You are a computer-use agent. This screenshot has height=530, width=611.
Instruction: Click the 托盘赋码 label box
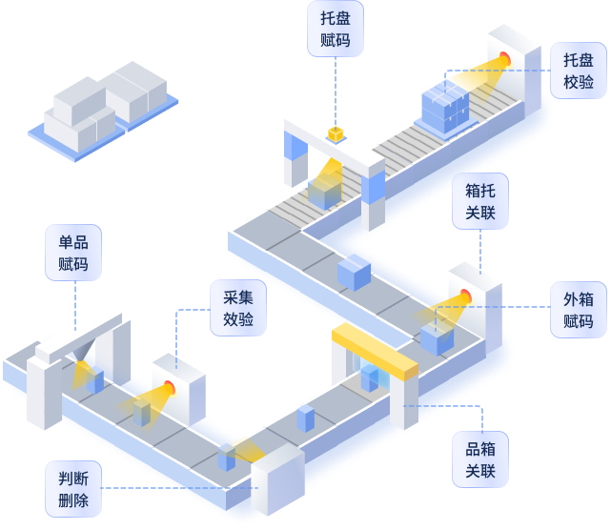[x=336, y=29]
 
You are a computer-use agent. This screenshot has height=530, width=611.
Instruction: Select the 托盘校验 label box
[x=578, y=70]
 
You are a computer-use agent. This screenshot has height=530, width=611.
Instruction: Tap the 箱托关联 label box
[x=479, y=200]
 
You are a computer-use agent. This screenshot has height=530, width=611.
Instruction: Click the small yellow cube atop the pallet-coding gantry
[x=336, y=133]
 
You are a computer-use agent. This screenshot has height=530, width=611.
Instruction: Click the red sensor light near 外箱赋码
[x=466, y=296]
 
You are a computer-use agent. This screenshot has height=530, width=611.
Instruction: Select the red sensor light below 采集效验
[x=170, y=386]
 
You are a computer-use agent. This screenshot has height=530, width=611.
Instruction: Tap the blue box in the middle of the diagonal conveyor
[x=353, y=273]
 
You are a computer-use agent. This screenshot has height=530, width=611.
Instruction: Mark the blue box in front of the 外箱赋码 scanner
[x=436, y=337]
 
